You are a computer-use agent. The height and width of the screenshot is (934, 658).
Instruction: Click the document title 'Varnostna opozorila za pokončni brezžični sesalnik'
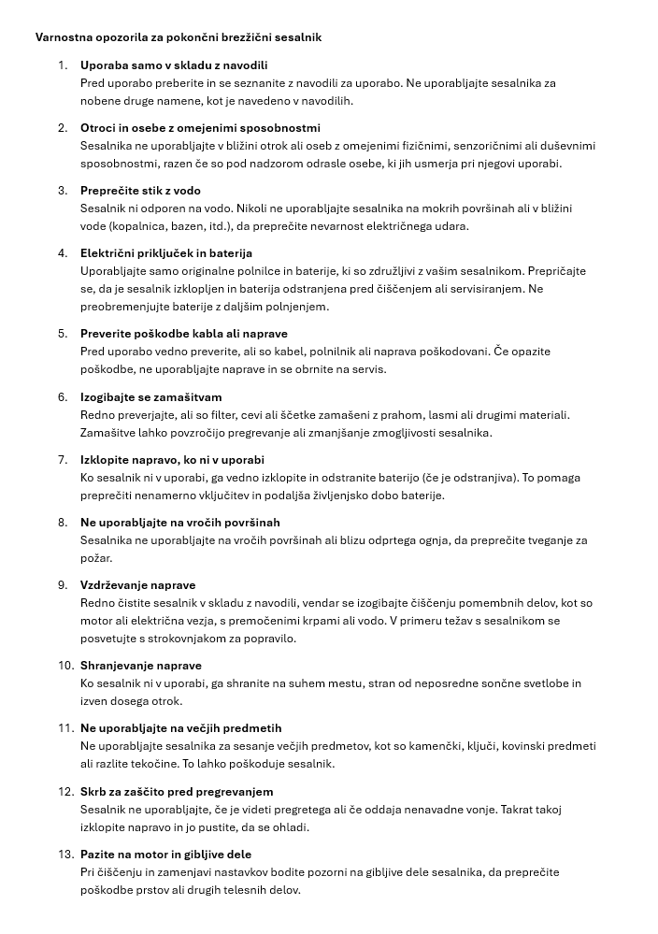(178, 37)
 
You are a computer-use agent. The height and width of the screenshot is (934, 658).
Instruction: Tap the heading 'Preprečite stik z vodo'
(140, 191)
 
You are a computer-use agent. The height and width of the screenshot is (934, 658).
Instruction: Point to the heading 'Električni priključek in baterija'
(166, 253)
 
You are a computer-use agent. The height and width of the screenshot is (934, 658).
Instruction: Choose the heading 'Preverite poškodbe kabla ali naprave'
(184, 334)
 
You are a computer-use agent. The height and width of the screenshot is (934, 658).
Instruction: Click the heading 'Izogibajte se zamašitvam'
(151, 397)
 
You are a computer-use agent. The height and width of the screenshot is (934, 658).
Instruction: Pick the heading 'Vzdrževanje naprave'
(138, 585)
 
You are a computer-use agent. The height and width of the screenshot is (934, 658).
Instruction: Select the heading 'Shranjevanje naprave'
(141, 666)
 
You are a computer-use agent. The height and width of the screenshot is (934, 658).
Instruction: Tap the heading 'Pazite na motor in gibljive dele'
(166, 855)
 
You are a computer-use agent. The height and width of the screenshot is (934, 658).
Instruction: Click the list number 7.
(63, 460)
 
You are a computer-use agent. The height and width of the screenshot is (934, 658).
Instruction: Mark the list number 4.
(63, 253)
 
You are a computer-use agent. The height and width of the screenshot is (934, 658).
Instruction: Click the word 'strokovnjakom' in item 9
(203, 639)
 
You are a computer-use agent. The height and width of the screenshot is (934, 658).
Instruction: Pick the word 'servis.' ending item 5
(366, 369)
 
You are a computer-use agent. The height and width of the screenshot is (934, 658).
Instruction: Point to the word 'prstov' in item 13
(152, 890)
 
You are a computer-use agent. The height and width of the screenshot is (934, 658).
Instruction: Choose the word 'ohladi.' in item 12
(289, 827)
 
